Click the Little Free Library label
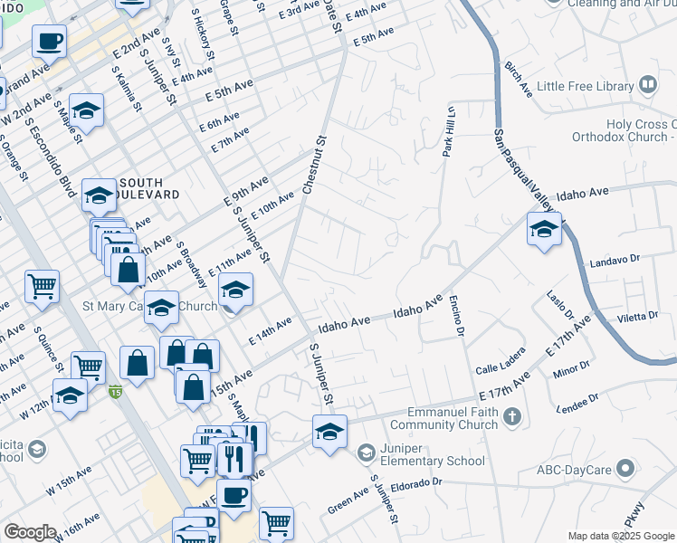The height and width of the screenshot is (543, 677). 585,86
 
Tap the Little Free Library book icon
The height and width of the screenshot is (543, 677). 648,86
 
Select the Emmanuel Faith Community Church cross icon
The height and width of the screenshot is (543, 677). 512,417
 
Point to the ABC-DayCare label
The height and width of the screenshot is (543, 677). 573,469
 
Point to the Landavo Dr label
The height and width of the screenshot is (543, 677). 615,260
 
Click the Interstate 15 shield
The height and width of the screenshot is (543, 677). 115,392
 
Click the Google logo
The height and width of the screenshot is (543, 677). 30,532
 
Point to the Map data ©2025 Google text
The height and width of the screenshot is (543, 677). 620,536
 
